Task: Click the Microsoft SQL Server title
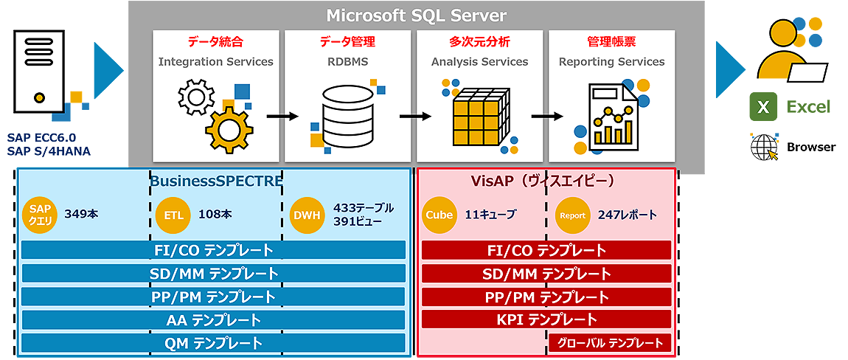point(417,15)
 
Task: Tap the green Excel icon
point(763,107)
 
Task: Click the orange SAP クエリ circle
point(40,215)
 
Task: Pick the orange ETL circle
point(173,215)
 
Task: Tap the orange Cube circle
point(439,215)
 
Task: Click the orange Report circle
point(573,215)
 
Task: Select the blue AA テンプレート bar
point(213,320)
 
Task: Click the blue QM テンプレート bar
point(213,343)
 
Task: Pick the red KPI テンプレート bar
point(546,319)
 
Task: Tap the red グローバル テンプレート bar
point(610,343)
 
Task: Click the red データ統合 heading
point(215,42)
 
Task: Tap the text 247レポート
point(628,215)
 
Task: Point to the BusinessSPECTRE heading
point(216,181)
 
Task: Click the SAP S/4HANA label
point(49,151)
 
